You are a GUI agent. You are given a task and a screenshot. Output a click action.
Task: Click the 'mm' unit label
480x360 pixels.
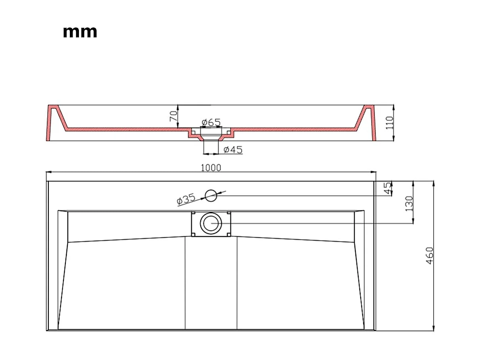pos(80,32)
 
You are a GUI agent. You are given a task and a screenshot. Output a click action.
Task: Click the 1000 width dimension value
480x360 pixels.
pos(211,167)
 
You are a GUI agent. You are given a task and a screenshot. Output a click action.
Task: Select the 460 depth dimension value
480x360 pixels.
pos(430,256)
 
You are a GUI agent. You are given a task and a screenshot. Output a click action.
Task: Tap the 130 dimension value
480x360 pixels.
pos(409,203)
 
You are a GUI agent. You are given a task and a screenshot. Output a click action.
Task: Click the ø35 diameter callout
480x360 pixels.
pos(186,199)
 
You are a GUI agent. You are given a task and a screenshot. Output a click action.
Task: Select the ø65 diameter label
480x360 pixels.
pos(211,122)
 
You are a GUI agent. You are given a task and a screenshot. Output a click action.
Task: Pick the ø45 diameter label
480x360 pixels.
pos(233,150)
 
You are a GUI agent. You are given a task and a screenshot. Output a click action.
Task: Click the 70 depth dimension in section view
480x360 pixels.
pos(173,116)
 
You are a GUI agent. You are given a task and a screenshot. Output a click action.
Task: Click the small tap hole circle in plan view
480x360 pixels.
pos(211,195)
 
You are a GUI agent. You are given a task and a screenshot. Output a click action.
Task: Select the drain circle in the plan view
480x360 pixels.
pos(211,223)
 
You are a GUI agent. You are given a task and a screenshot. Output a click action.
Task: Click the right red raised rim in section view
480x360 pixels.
pos(369,119)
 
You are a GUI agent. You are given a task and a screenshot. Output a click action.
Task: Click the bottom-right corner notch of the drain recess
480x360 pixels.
pos(228,234)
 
